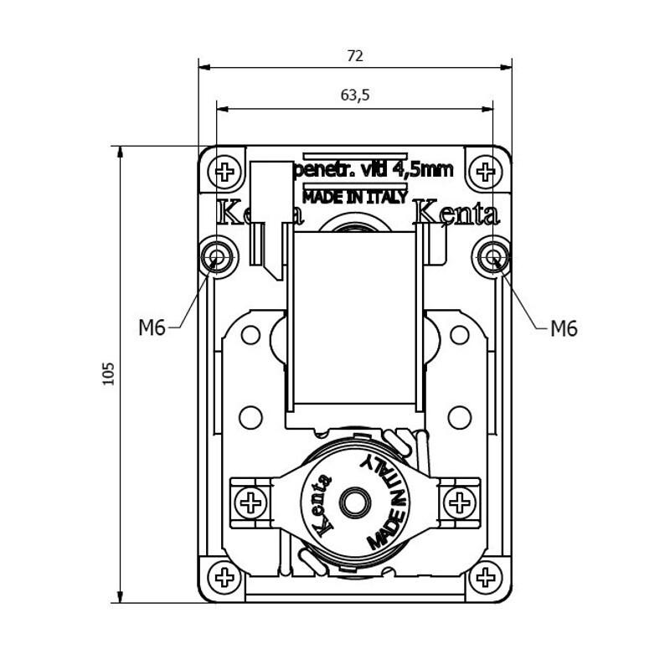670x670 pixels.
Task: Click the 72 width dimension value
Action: [x=355, y=56]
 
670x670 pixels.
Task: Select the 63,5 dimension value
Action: [x=355, y=95]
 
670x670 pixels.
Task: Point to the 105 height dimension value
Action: [x=108, y=374]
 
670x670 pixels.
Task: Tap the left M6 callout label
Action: [x=152, y=328]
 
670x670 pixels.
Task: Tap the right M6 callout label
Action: [x=564, y=328]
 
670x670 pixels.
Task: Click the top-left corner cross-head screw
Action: [x=224, y=173]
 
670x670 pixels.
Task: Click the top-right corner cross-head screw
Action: [x=484, y=173]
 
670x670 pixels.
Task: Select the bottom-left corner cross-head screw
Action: [x=224, y=576]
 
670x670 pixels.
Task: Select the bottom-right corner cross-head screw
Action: [x=484, y=576]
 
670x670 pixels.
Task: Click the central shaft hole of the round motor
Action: [x=354, y=502]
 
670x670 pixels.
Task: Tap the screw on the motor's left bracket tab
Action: [x=250, y=502]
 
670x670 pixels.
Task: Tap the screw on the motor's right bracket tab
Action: [x=459, y=502]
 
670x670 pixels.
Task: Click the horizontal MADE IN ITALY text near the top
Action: [x=355, y=198]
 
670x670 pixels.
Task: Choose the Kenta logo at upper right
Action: [x=457, y=214]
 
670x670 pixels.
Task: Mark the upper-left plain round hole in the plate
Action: [x=250, y=335]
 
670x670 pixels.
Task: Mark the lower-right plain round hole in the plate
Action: [x=459, y=415]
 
